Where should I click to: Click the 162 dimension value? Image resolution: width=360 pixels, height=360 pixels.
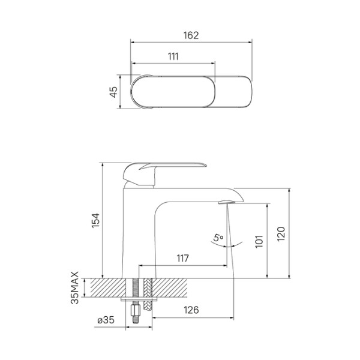point(190,35)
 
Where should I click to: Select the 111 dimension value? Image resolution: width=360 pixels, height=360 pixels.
point(173,56)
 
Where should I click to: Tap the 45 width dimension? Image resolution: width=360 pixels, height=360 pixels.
point(113,92)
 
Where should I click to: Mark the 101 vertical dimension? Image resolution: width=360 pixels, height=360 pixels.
point(259,240)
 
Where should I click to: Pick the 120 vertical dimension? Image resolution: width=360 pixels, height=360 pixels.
point(281,233)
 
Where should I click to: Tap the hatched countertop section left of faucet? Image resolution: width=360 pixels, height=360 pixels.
point(106,288)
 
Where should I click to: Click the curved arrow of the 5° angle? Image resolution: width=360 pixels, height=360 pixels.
point(231,243)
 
